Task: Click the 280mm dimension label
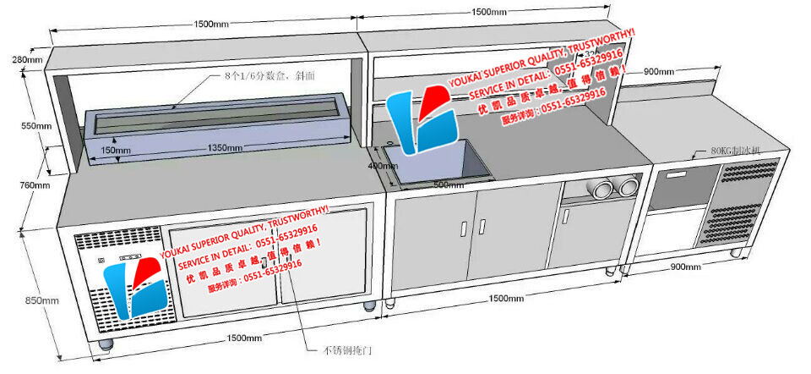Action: pyautogui.click(x=26, y=59)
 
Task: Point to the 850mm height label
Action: pyautogui.click(x=42, y=300)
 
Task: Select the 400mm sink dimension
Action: pyautogui.click(x=382, y=166)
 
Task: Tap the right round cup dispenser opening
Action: pyautogui.click(x=629, y=187)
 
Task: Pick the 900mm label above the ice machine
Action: pyautogui.click(x=659, y=72)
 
